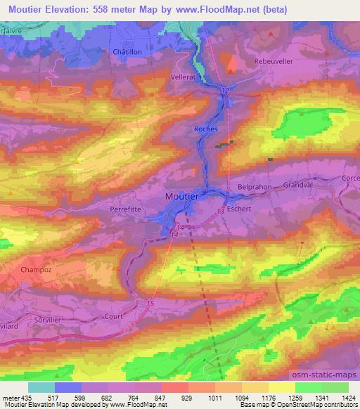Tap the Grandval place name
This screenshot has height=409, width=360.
[297, 186]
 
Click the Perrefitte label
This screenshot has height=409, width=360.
[127, 209]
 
